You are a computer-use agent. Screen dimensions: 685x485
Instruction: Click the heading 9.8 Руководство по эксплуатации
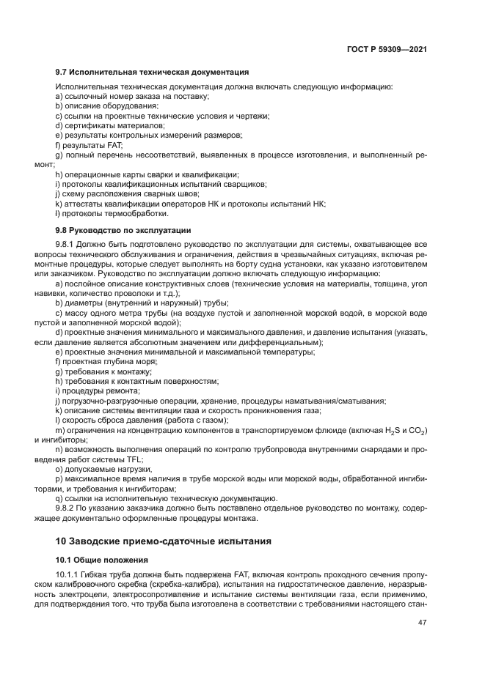point(123,229)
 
